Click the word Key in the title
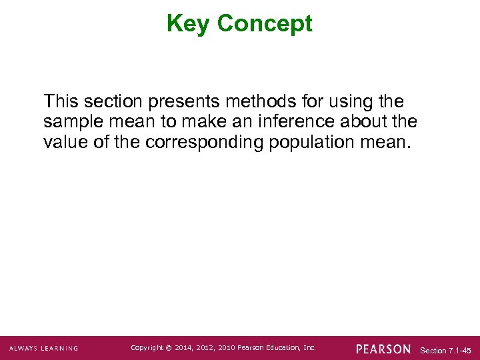189,24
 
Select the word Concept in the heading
265,24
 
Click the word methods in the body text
253,102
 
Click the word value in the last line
65,143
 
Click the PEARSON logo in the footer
384,349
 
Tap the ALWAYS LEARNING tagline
44,349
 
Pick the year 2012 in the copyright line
208,348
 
